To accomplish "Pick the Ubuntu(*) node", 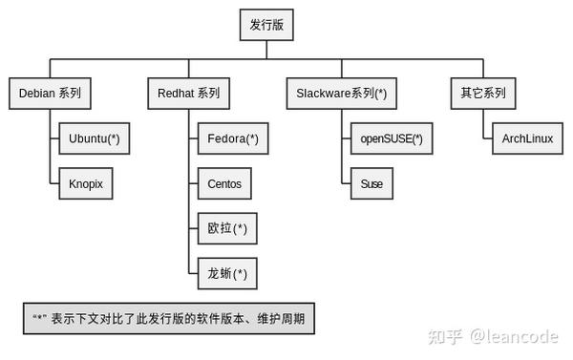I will pos(94,138).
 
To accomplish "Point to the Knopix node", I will pos(85,183).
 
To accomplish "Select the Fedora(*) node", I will pos(232,138).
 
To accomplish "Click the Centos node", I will pos(224,183).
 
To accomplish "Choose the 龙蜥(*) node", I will pos(226,273).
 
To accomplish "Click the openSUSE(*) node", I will pos(391,138).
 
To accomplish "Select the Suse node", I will pos(371,183).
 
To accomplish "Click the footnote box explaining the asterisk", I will pos(168,318).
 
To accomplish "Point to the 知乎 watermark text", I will pos(445,336).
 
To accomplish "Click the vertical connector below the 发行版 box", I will pos(266,51).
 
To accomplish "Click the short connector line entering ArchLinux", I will pos(486,138).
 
